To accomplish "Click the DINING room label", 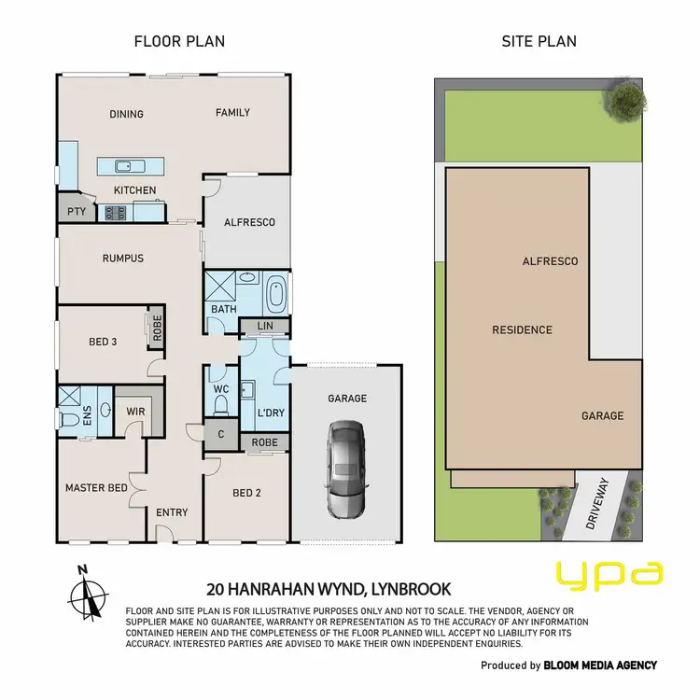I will coord(126,115).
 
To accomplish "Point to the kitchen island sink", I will coord(124,167).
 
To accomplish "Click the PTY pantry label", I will coord(77,212).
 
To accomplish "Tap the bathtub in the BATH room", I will coord(276,296).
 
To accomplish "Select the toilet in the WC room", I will coord(221,404).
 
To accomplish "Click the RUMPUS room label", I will coord(123,259).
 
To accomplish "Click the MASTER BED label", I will coord(96,488).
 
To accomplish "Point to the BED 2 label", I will coord(246,492).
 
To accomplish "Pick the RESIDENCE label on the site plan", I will coord(523,329).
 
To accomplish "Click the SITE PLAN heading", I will coord(539,41).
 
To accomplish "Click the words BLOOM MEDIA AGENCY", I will coord(602,665).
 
